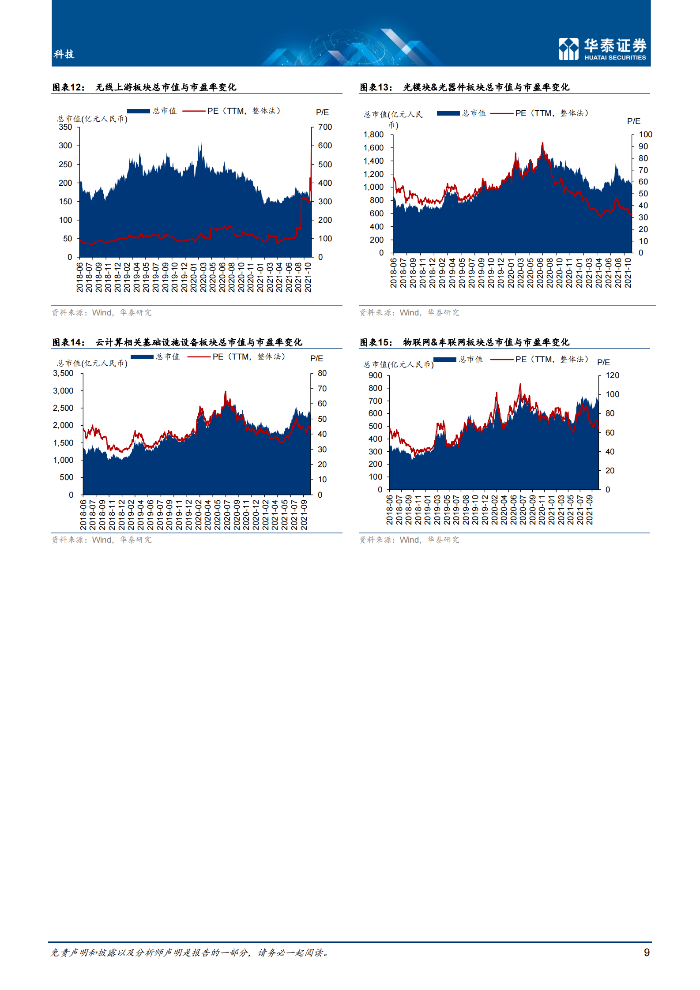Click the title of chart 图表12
144,87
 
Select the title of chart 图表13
464,87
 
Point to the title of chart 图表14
177,342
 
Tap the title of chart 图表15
464,342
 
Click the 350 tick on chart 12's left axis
65,127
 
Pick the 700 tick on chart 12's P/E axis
325,127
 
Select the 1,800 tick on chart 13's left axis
373,135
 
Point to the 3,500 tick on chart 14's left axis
63,373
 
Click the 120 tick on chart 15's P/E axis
612,375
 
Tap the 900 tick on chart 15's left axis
375,375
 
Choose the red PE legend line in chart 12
194,111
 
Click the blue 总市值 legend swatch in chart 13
448,113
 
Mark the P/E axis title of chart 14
316,359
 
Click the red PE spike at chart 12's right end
311,150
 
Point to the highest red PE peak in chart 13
542,143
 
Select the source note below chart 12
102,313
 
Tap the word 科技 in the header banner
64,54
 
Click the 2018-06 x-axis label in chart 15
389,510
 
